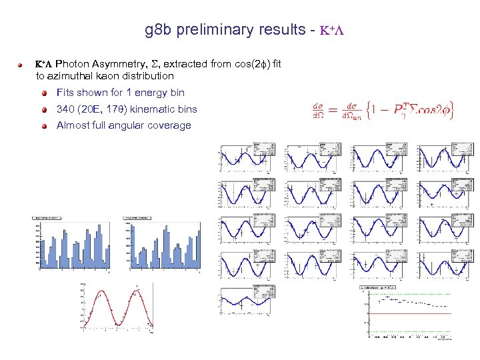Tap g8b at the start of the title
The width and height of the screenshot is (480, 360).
pyautogui.click(x=155, y=30)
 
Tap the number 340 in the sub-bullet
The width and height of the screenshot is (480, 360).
pyautogui.click(x=66, y=109)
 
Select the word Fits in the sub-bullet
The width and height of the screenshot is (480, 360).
pyautogui.click(x=65, y=93)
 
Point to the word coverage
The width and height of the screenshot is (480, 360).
pyautogui.click(x=170, y=125)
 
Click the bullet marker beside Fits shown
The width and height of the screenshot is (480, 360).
pyautogui.click(x=42, y=93)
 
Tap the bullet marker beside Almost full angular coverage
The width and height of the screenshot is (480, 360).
pyautogui.click(x=42, y=126)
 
